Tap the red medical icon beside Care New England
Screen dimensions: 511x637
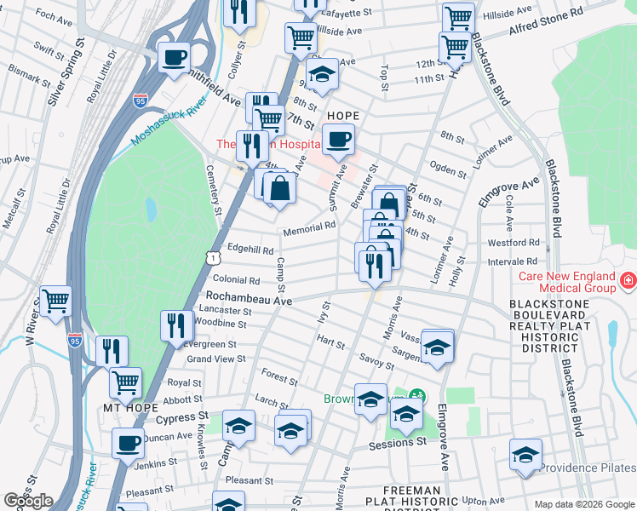tap(628, 280)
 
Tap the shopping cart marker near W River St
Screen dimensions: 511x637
tap(55, 300)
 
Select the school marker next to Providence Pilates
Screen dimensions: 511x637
tap(525, 455)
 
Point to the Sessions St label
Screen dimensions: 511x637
tap(398, 444)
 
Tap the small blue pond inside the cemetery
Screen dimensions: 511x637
tap(151, 209)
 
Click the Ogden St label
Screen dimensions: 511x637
tap(449, 168)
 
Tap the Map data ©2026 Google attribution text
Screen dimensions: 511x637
tap(583, 504)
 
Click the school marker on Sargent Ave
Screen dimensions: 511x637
tap(436, 347)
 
